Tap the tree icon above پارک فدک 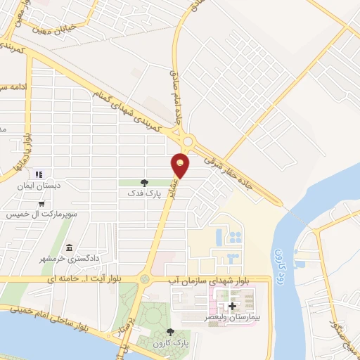[145, 182]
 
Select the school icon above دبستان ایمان [39, 174]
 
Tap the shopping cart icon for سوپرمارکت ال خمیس [43, 204]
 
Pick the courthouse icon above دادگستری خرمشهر [69, 248]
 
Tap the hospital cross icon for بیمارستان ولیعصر [232, 306]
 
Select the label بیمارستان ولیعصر [233, 319]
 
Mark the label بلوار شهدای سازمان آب [208, 280]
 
